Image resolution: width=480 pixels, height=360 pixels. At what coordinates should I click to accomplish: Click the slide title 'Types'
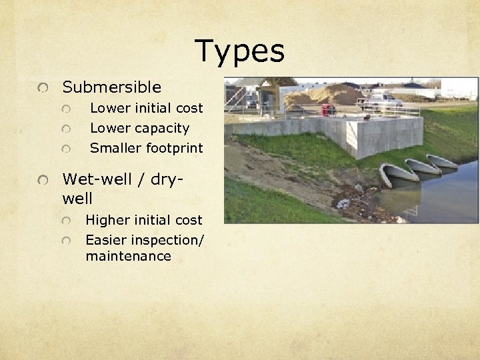pos(240,51)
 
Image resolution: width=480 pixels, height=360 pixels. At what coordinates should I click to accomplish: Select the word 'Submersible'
pos(111,87)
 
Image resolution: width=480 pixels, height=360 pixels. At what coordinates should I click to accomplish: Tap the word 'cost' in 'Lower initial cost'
pos(189,108)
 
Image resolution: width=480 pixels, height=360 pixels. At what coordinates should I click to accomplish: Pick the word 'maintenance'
pos(128,257)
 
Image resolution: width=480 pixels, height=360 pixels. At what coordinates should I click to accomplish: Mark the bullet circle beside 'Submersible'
pos(43,88)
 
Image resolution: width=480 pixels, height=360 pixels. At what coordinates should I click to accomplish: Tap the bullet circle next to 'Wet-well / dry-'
pos(43,180)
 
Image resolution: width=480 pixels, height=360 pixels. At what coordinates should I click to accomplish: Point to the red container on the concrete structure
pos(327,109)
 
